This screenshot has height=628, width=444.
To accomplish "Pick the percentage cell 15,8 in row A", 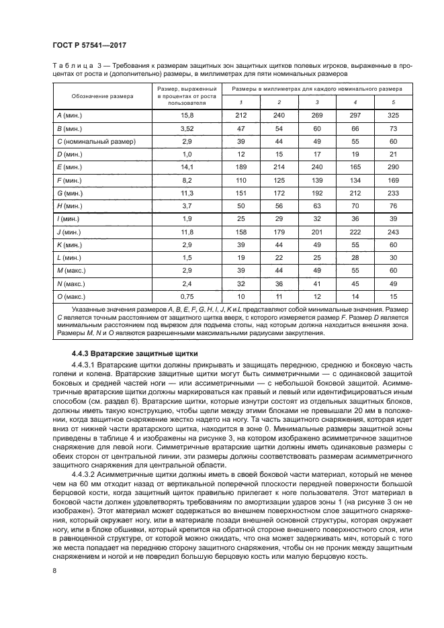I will pyautogui.click(x=186, y=116).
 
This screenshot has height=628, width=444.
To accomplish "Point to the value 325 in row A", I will pyautogui.click(x=394, y=116).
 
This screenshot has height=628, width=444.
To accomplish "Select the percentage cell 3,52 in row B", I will pyautogui.click(x=186, y=128).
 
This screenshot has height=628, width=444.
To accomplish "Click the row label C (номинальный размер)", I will pyautogui.click(x=96, y=142).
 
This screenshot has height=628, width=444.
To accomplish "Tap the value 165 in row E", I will pyautogui.click(x=355, y=167).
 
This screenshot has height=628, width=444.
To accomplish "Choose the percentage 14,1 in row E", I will pyautogui.click(x=186, y=167).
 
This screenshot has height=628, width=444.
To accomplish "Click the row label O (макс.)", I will pyautogui.click(x=71, y=296).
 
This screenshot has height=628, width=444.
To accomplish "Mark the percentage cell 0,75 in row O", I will pyautogui.click(x=186, y=296).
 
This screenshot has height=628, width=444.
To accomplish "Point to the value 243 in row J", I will pyautogui.click(x=394, y=232).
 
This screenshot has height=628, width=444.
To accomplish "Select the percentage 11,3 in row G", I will pyautogui.click(x=186, y=193).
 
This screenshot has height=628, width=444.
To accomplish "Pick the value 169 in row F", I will pyautogui.click(x=394, y=180).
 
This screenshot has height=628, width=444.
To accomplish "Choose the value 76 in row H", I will pyautogui.click(x=394, y=206).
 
